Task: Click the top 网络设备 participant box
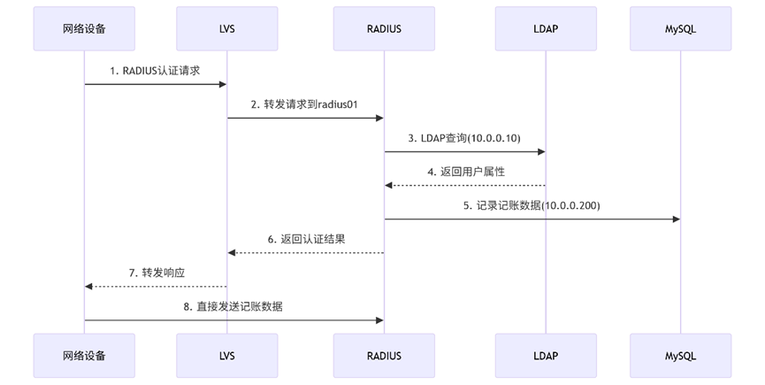click(x=84, y=28)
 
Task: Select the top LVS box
click(x=226, y=28)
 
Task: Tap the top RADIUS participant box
click(x=384, y=28)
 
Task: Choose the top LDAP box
click(x=546, y=28)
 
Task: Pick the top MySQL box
click(x=681, y=28)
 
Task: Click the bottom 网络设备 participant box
click(x=84, y=356)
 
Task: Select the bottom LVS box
click(x=226, y=356)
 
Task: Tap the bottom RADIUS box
click(x=384, y=356)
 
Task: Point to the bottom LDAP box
click(x=546, y=356)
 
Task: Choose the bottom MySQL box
click(x=681, y=356)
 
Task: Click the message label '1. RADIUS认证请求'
click(x=155, y=71)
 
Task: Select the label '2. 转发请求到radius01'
click(x=304, y=104)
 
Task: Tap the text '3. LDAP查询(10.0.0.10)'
click(x=464, y=138)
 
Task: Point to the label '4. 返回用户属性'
click(x=466, y=172)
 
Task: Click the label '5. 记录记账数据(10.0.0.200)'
click(x=532, y=205)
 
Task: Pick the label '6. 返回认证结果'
click(x=305, y=239)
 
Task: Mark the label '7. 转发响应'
click(x=157, y=273)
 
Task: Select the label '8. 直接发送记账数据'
click(x=233, y=306)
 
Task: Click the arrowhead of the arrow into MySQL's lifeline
click(x=676, y=219)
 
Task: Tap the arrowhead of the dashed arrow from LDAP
click(x=389, y=185)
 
